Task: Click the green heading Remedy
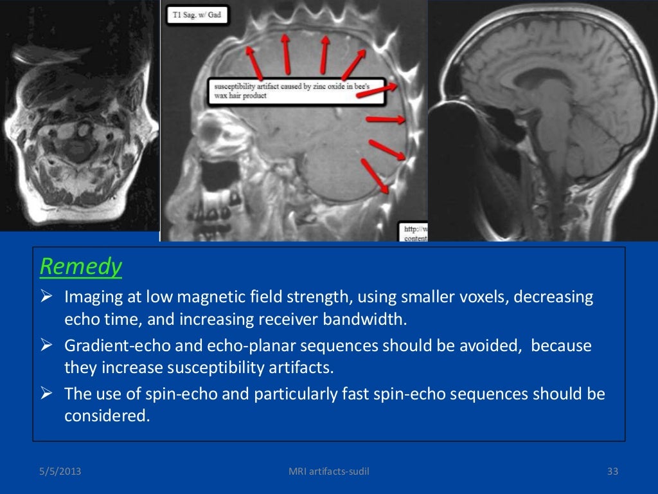click(80, 266)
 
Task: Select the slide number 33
click(612, 473)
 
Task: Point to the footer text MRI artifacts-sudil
click(329, 473)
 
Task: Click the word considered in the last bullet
click(107, 416)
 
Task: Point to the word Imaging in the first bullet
click(90, 298)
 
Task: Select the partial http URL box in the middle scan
click(414, 232)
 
